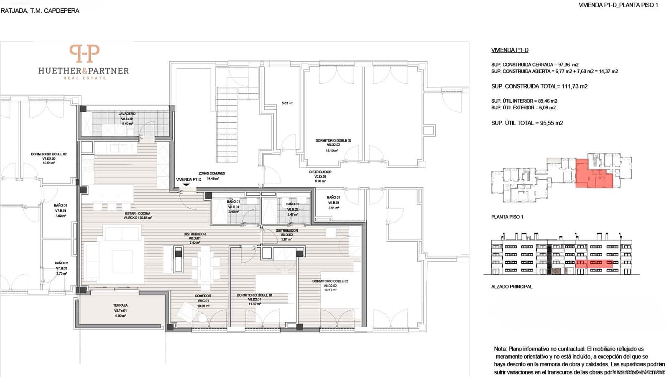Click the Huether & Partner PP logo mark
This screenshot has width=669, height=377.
click(x=84, y=54)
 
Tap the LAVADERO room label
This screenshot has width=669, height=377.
click(x=127, y=114)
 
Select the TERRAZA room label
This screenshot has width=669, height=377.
click(x=120, y=305)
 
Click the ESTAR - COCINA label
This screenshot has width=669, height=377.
click(x=137, y=214)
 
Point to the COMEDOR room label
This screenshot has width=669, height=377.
click(x=202, y=296)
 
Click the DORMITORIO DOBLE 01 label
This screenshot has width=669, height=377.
click(x=254, y=295)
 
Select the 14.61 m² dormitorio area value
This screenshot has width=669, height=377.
click(x=330, y=290)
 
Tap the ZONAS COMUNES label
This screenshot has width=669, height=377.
click(x=212, y=173)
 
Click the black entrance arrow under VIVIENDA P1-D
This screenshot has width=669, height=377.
click(x=186, y=185)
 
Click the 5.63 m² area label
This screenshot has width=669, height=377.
click(x=287, y=103)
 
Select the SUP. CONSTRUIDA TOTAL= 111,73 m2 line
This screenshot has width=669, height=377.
click(x=539, y=86)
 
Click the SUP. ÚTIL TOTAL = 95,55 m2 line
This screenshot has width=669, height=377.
click(x=527, y=123)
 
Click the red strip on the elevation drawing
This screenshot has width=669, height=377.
click(x=594, y=263)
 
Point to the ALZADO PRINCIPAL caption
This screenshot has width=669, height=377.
click(x=511, y=287)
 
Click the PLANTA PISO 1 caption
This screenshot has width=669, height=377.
click(x=507, y=217)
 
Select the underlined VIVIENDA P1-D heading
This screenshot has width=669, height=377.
click(x=509, y=50)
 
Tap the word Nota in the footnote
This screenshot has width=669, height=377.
click(x=500, y=349)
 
